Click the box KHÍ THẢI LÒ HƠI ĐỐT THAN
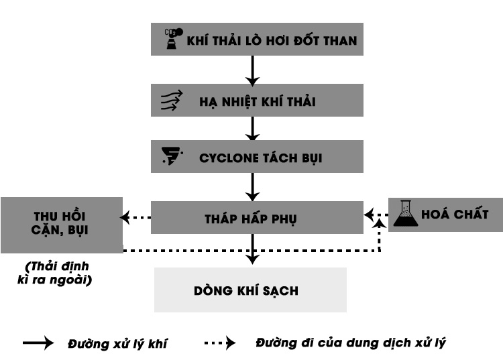(x=257, y=40)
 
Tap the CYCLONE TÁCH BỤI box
(x=257, y=158)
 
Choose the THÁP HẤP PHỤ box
(x=257, y=217)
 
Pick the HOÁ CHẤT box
(x=446, y=215)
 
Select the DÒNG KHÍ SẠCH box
(x=250, y=290)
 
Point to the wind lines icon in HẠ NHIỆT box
(x=171, y=101)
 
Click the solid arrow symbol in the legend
(x=38, y=343)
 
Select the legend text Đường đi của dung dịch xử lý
(x=350, y=343)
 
